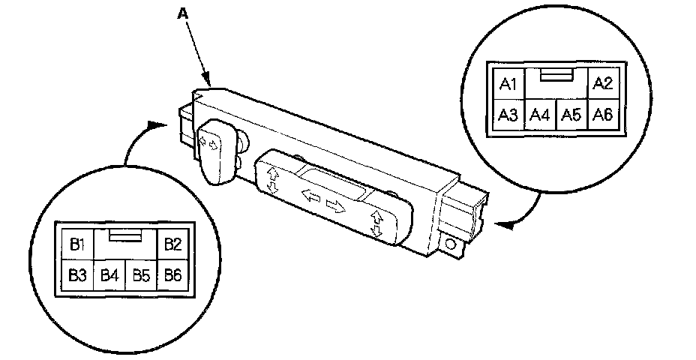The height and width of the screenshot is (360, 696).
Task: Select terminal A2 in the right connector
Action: [603, 84]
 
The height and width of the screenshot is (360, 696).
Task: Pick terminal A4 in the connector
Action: [540, 115]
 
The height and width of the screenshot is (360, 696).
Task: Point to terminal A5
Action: [571, 115]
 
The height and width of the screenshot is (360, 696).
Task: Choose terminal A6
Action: [603, 115]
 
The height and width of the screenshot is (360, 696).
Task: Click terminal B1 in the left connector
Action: [76, 244]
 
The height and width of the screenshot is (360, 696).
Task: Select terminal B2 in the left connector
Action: [172, 244]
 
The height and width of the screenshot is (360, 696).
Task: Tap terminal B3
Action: [76, 275]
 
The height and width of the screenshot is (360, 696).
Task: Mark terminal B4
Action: [109, 275]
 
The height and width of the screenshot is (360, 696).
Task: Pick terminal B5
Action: [141, 275]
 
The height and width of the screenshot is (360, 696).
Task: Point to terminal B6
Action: [173, 275]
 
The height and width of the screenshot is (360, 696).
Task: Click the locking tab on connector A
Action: [556, 76]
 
